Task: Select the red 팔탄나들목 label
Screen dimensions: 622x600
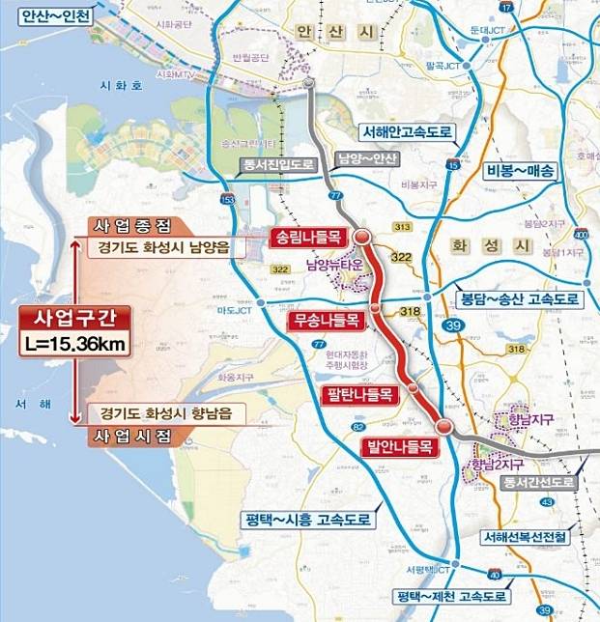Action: [x=359, y=394]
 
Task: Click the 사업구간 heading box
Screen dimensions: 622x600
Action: [x=73, y=317]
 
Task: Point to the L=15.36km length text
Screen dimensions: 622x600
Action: [x=73, y=343]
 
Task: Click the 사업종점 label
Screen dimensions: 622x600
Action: [x=132, y=226]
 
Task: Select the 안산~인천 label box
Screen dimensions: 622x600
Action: [x=51, y=15]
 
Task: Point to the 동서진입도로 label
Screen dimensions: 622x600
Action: [x=280, y=165]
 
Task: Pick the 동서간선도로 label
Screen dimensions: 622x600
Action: [x=538, y=481]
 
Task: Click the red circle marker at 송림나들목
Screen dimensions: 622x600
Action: [x=361, y=237]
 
